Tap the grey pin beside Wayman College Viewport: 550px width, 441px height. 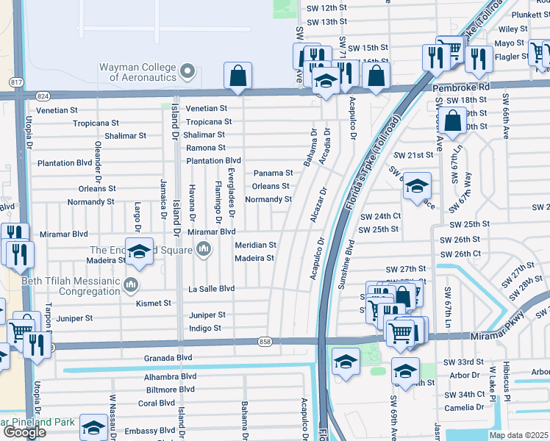point(187,71)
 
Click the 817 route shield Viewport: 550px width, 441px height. point(15,81)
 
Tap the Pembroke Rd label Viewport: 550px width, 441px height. point(461,87)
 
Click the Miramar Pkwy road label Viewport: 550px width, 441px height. point(495,336)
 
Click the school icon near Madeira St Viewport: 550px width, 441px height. point(139,251)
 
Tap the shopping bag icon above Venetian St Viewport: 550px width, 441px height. point(238,75)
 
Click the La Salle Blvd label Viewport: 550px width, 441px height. point(211,289)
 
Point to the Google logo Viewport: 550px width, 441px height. point(24,431)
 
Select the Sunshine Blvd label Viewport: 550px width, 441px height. point(349,263)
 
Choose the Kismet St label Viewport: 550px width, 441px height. point(154,303)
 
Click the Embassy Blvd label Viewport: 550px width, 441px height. point(151,431)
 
